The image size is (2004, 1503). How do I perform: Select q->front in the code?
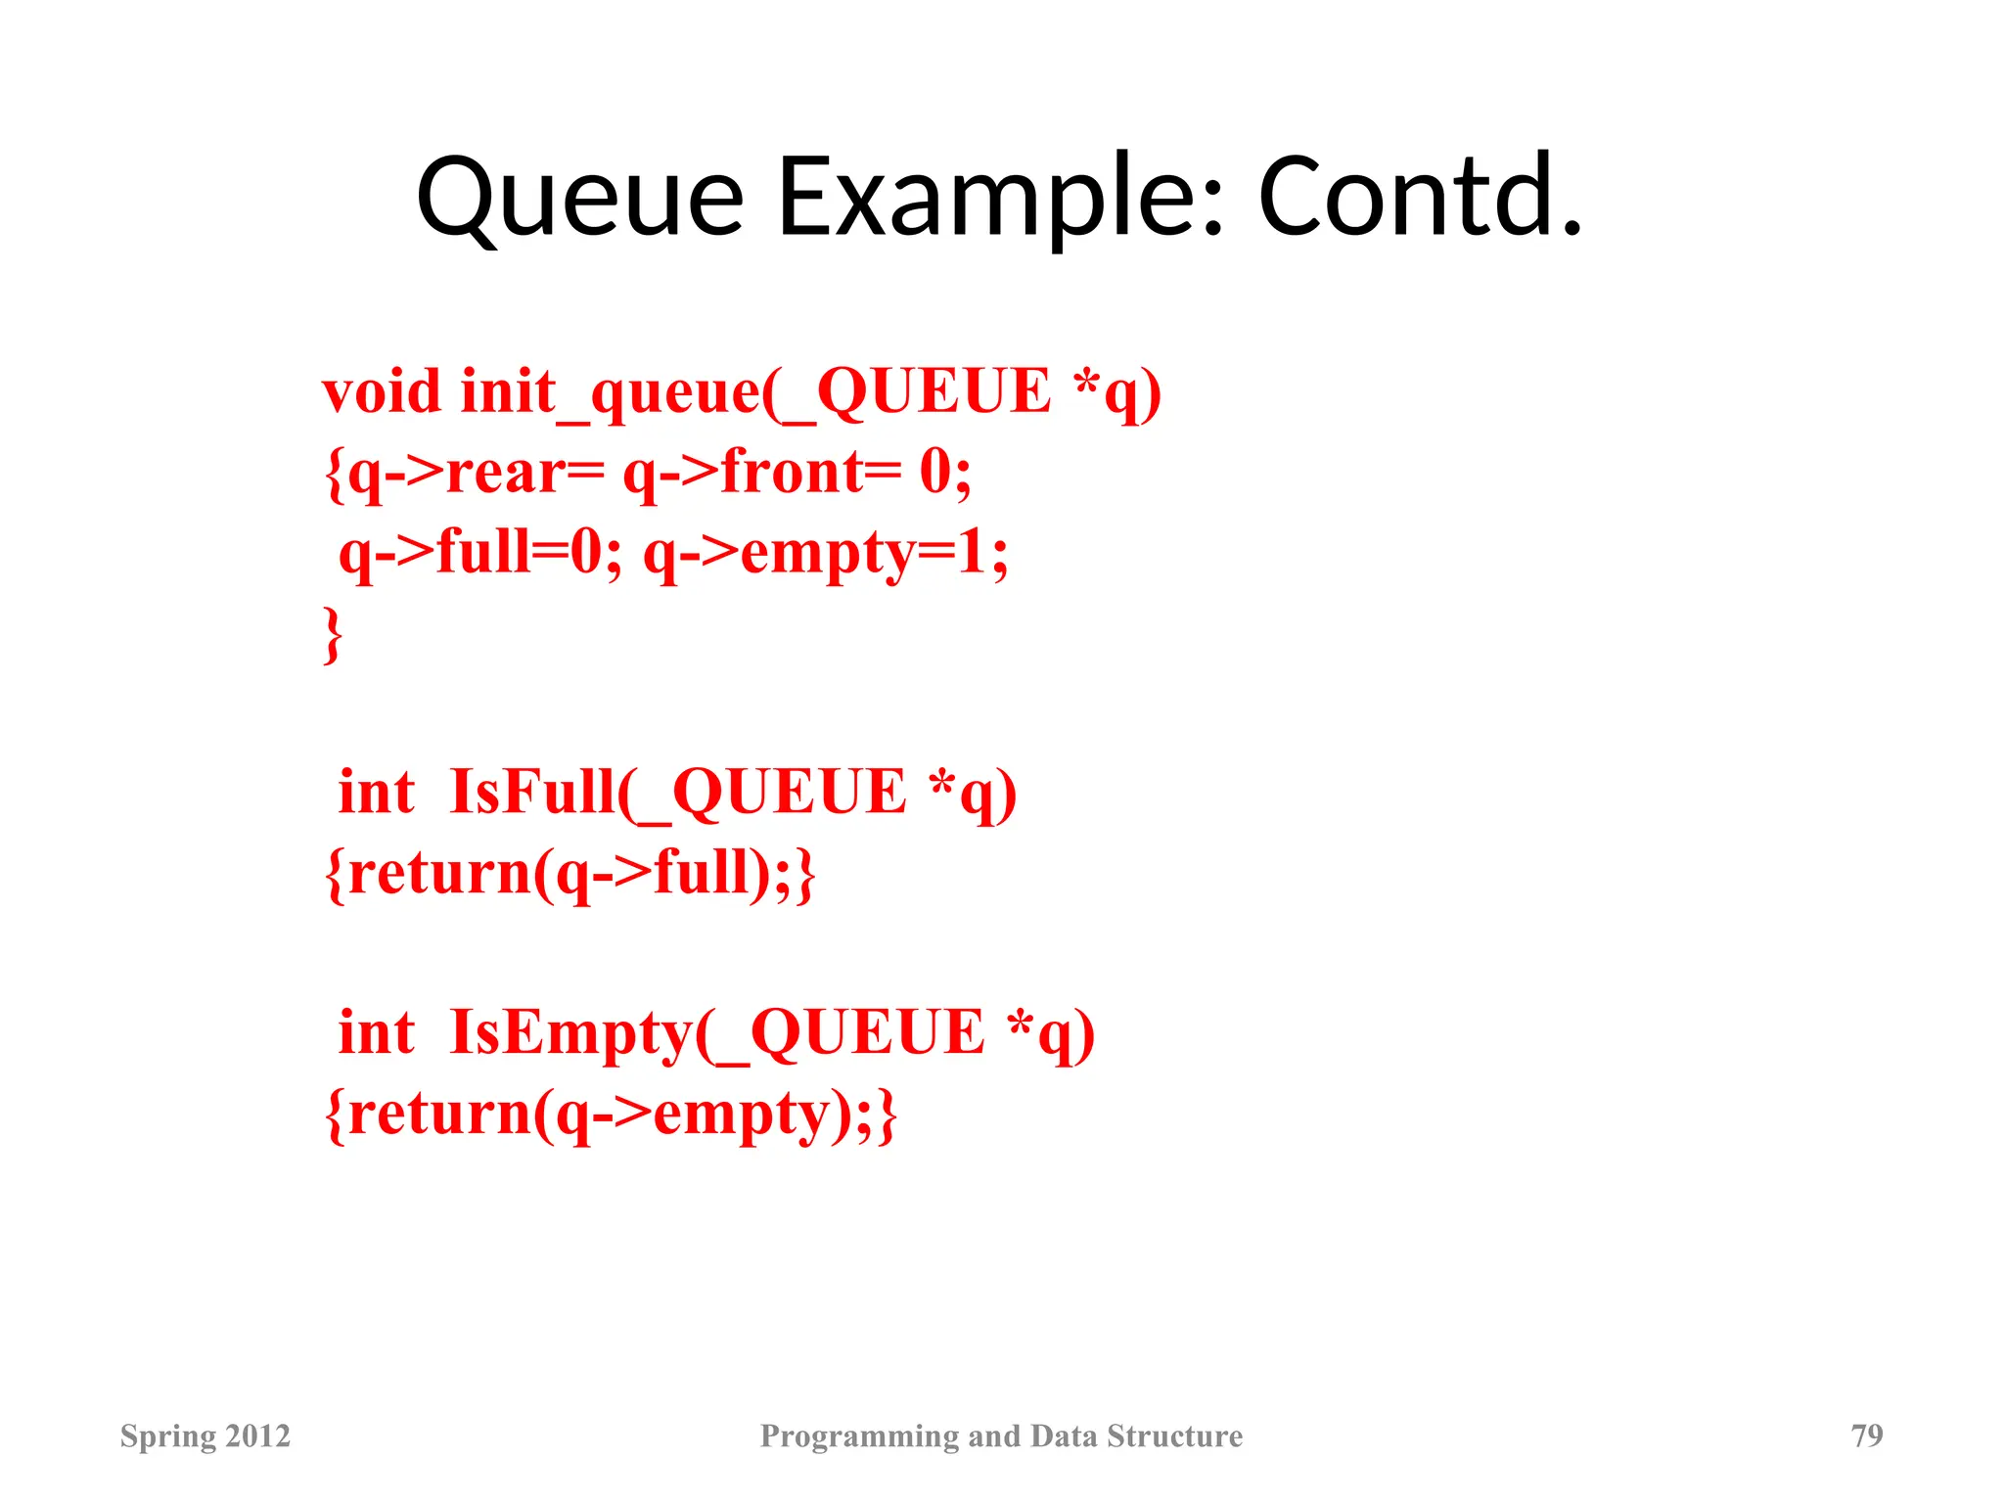pos(744,474)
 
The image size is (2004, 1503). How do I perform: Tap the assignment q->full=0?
pos(479,553)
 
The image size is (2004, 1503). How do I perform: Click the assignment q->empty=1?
pos(825,553)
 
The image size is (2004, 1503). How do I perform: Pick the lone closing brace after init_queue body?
pos(333,635)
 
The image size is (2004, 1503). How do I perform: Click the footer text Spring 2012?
pos(205,1435)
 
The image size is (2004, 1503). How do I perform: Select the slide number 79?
pos(1867,1435)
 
